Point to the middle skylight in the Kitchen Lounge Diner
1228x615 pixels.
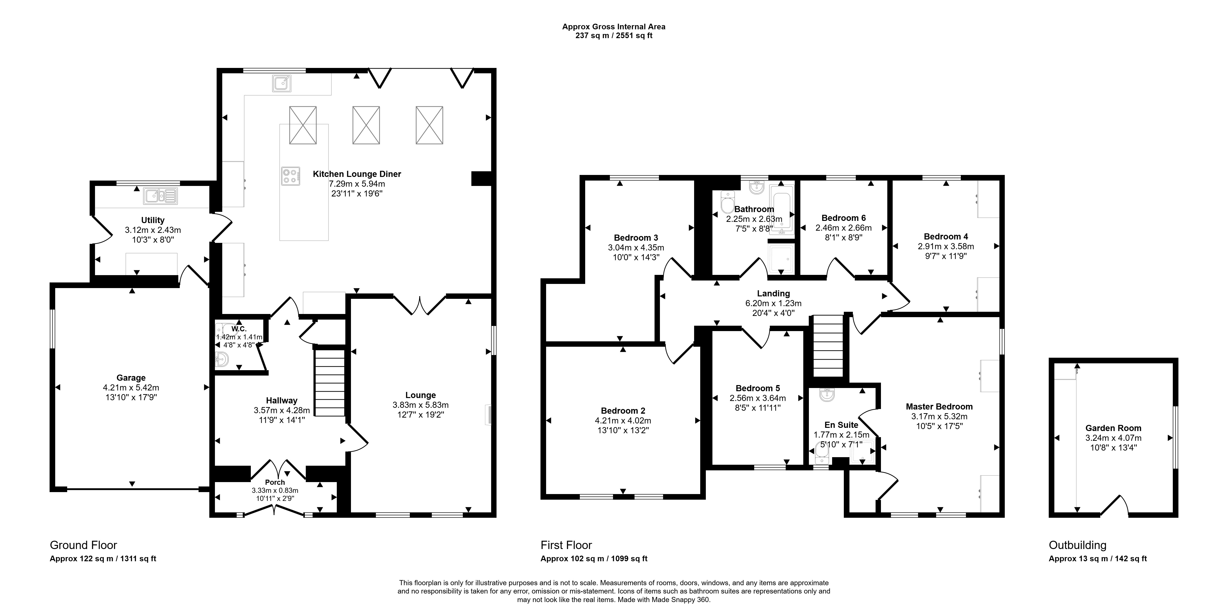(366, 125)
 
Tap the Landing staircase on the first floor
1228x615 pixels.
(828, 346)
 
